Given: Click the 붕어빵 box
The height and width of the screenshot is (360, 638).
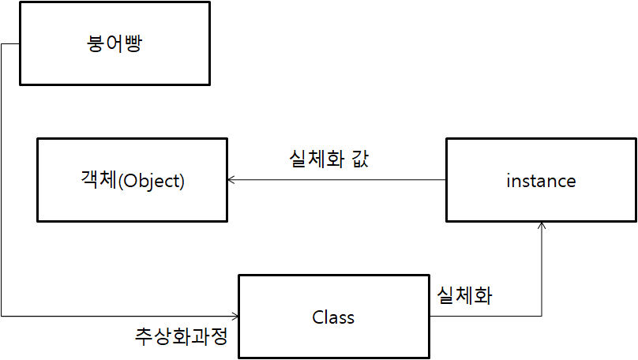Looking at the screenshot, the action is click(x=114, y=43).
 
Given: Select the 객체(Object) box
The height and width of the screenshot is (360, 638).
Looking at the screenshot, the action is click(x=132, y=179).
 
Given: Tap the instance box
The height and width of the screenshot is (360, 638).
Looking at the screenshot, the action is click(x=541, y=181).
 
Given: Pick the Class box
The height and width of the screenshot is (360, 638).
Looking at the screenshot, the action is click(x=333, y=317).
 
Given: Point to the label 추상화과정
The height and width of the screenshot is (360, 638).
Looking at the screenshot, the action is click(x=182, y=337).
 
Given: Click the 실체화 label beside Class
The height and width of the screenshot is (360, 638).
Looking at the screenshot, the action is click(x=465, y=296).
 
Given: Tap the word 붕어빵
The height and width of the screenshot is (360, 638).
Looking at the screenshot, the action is click(x=115, y=43).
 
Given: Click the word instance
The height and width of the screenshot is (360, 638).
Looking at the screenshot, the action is click(x=541, y=181).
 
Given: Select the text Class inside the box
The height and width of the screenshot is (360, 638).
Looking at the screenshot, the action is click(x=333, y=317).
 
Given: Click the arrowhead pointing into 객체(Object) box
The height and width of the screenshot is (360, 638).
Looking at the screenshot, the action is click(x=231, y=180).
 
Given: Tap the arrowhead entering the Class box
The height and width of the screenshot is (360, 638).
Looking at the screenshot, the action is click(x=235, y=317).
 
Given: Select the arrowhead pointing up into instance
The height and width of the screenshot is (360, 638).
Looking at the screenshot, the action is click(x=542, y=227).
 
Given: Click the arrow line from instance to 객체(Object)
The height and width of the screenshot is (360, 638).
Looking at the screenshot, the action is click(x=340, y=180).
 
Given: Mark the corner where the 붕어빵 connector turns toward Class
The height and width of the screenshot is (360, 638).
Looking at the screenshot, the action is click(x=2, y=317).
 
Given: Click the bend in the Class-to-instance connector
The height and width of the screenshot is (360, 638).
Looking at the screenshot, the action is click(x=542, y=317).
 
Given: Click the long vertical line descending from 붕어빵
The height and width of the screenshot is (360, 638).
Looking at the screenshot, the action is click(x=2, y=182).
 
